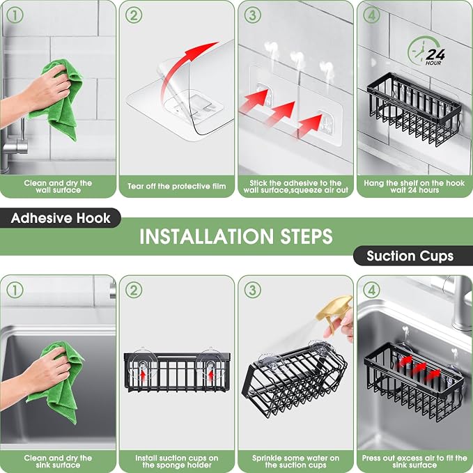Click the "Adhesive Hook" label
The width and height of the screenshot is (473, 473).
coord(61,218)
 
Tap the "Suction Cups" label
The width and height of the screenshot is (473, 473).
coord(410,256)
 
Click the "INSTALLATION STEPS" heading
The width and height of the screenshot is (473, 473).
coord(236,236)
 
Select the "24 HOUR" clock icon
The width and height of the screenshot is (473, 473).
coord(426,52)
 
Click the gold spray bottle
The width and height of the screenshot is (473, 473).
coord(335,312)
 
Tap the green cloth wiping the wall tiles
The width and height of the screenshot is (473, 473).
coord(59,100)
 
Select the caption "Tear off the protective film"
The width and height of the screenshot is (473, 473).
coord(177,186)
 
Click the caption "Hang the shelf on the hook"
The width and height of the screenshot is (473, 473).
coord(414,183)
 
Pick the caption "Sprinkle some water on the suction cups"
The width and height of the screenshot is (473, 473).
coord(295,462)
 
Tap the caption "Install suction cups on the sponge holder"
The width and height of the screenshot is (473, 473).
coord(177,462)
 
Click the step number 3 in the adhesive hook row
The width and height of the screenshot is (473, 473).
coord(252,15)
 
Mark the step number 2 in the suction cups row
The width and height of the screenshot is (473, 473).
coord(134,290)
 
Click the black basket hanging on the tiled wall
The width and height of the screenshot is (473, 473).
coord(414,109)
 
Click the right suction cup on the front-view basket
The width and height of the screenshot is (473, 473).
coord(210,365)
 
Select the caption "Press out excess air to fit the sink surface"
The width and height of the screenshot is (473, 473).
coord(414,462)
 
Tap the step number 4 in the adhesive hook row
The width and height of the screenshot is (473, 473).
coord(371,15)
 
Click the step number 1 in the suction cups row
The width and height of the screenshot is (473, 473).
coord(15,290)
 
